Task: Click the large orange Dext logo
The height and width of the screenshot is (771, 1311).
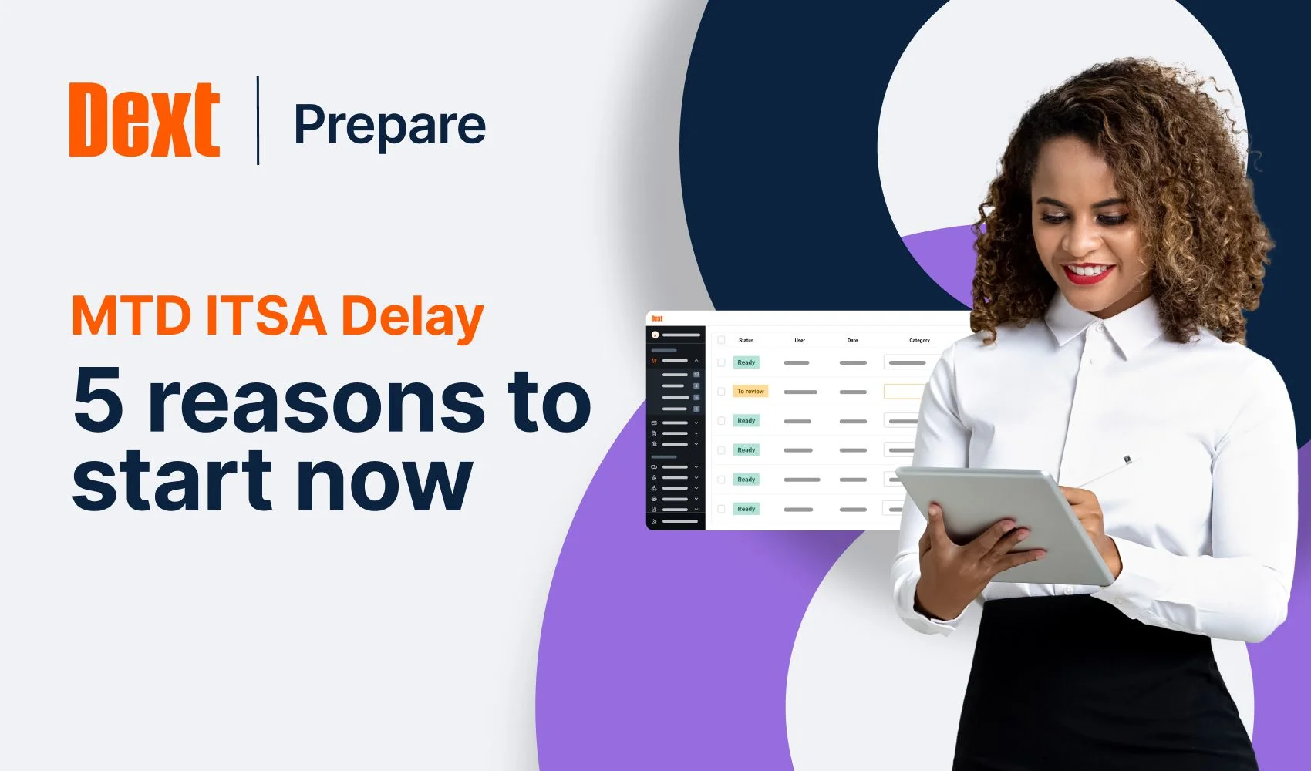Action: [x=144, y=120]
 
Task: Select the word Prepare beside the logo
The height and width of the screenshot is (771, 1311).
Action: [x=389, y=125]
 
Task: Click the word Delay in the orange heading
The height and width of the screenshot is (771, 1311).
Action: [x=412, y=317]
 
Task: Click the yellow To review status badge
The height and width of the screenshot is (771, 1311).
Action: [x=750, y=392]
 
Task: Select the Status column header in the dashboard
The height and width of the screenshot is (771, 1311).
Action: [x=746, y=340]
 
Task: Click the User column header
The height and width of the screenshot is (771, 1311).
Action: [x=800, y=340]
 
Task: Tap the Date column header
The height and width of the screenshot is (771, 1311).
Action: [x=852, y=340]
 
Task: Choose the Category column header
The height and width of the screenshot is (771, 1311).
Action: [x=919, y=340]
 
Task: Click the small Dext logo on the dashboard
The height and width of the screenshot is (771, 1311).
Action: [x=657, y=318]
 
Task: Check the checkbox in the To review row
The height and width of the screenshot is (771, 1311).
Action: [x=722, y=392]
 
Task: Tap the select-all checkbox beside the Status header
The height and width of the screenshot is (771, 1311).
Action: [x=722, y=340]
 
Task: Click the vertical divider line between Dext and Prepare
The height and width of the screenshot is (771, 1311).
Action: [x=258, y=120]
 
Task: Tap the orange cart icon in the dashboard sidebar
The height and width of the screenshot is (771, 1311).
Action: [x=654, y=360]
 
